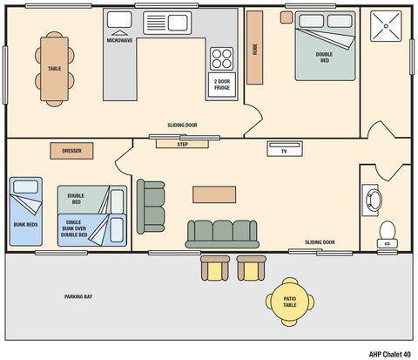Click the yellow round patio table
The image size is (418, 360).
(x=289, y=301)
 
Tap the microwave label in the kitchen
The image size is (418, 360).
(x=119, y=40)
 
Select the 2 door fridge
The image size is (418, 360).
(x=222, y=85)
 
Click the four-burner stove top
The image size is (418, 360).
(x=222, y=58)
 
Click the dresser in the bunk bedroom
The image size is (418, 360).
(x=71, y=151)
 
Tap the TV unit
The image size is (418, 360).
(x=284, y=149)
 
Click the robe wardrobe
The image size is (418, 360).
(x=255, y=50)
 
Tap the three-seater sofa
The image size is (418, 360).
(x=222, y=233)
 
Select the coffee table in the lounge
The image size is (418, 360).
(x=214, y=194)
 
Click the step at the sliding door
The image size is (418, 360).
(x=182, y=144)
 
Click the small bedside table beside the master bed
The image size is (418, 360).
(x=286, y=17)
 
